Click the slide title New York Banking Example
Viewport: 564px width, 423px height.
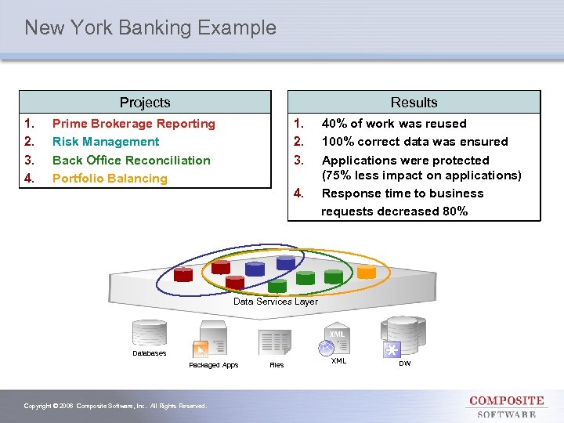pos(150,28)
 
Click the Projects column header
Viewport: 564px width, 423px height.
pos(145,103)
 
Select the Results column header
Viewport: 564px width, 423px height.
pos(414,103)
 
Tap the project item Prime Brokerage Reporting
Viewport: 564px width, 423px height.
pos(133,124)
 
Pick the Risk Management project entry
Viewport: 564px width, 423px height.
pos(106,142)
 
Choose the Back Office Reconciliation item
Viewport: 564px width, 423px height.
pos(131,161)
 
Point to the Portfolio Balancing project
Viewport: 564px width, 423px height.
pos(110,179)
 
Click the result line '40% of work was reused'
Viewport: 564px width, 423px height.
pos(394,124)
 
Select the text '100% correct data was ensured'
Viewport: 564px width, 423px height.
pos(415,142)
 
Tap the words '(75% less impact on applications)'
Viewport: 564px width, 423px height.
pos(421,175)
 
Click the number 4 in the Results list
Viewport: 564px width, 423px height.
pos(298,193)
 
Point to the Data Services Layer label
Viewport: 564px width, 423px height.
pos(276,302)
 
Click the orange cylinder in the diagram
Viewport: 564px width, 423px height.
pos(367,271)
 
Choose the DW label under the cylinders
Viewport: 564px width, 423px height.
pos(405,363)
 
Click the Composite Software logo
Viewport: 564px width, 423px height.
pos(506,407)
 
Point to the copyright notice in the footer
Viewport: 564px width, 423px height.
pos(115,406)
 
